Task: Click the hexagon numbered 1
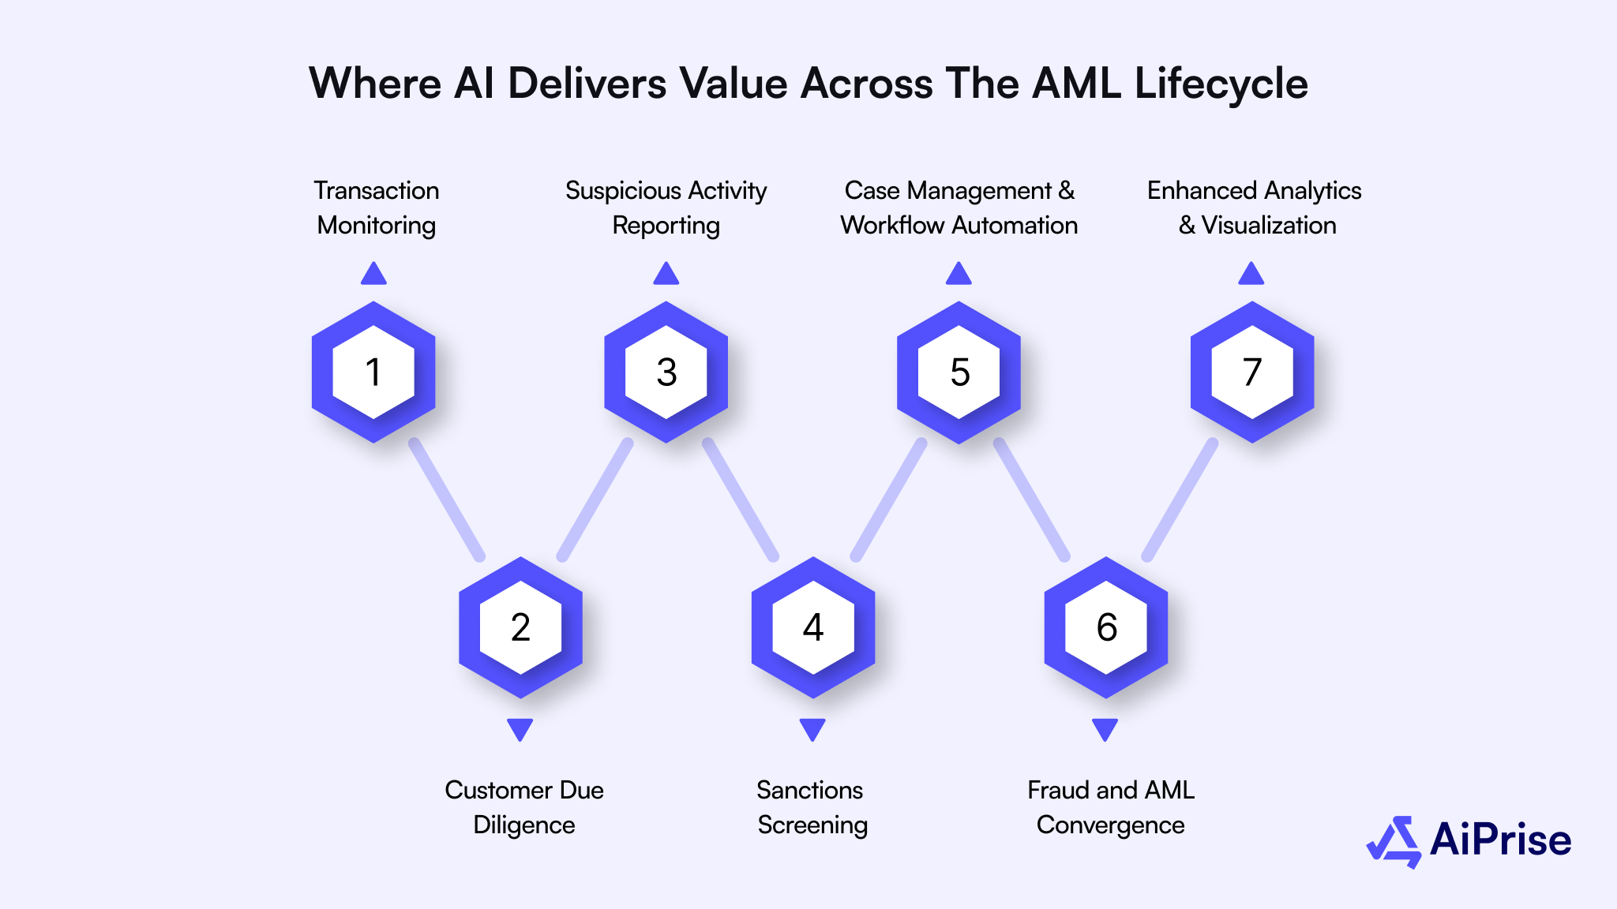click(x=373, y=372)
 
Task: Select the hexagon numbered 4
click(x=813, y=627)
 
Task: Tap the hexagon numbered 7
click(x=1252, y=372)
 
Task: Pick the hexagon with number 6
click(x=1106, y=627)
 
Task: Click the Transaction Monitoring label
click(x=377, y=208)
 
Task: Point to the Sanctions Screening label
click(x=812, y=807)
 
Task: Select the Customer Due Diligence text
click(x=524, y=807)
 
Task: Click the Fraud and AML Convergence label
click(x=1110, y=807)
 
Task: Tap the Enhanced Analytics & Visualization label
click(x=1255, y=208)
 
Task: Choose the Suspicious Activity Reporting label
click(x=666, y=208)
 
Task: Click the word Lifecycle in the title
click(x=1221, y=84)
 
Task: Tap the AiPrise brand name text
click(x=1500, y=840)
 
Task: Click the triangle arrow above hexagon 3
click(x=666, y=274)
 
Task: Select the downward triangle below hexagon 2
click(x=520, y=729)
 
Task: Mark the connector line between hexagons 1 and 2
click(x=447, y=500)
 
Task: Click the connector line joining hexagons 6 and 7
click(x=1180, y=500)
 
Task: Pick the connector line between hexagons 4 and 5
click(x=887, y=500)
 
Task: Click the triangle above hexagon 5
click(x=959, y=274)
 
